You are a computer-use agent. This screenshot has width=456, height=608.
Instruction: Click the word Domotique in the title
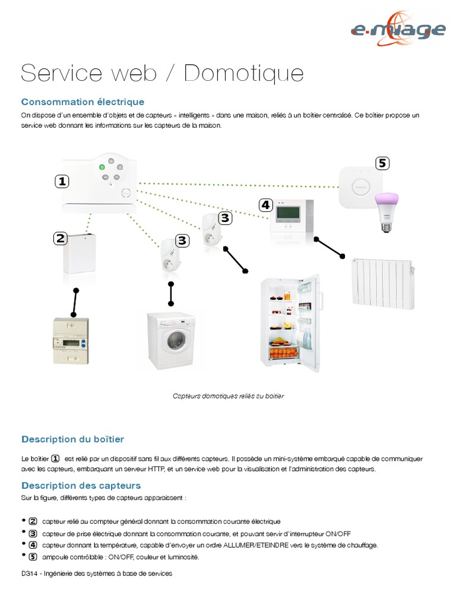[x=243, y=73]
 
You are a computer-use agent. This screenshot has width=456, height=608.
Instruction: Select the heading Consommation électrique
[x=83, y=102]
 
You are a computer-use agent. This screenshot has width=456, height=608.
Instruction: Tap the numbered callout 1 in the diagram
[x=62, y=182]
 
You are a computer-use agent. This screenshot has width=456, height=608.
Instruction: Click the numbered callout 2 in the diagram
[x=59, y=239]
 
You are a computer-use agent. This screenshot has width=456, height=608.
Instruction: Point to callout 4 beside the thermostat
[x=265, y=205]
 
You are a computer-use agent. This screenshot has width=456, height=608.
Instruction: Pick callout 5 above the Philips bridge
[x=382, y=163]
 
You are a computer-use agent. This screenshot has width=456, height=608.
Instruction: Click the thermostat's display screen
[x=288, y=212]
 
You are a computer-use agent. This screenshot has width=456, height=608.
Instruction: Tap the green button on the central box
[x=102, y=167]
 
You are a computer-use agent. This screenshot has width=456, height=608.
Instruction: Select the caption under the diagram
[x=228, y=396]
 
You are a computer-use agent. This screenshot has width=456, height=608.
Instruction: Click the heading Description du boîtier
[x=73, y=439]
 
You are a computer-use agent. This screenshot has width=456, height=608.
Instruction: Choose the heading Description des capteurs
[x=81, y=486]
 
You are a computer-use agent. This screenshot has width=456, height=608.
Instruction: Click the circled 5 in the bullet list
[x=33, y=556]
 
